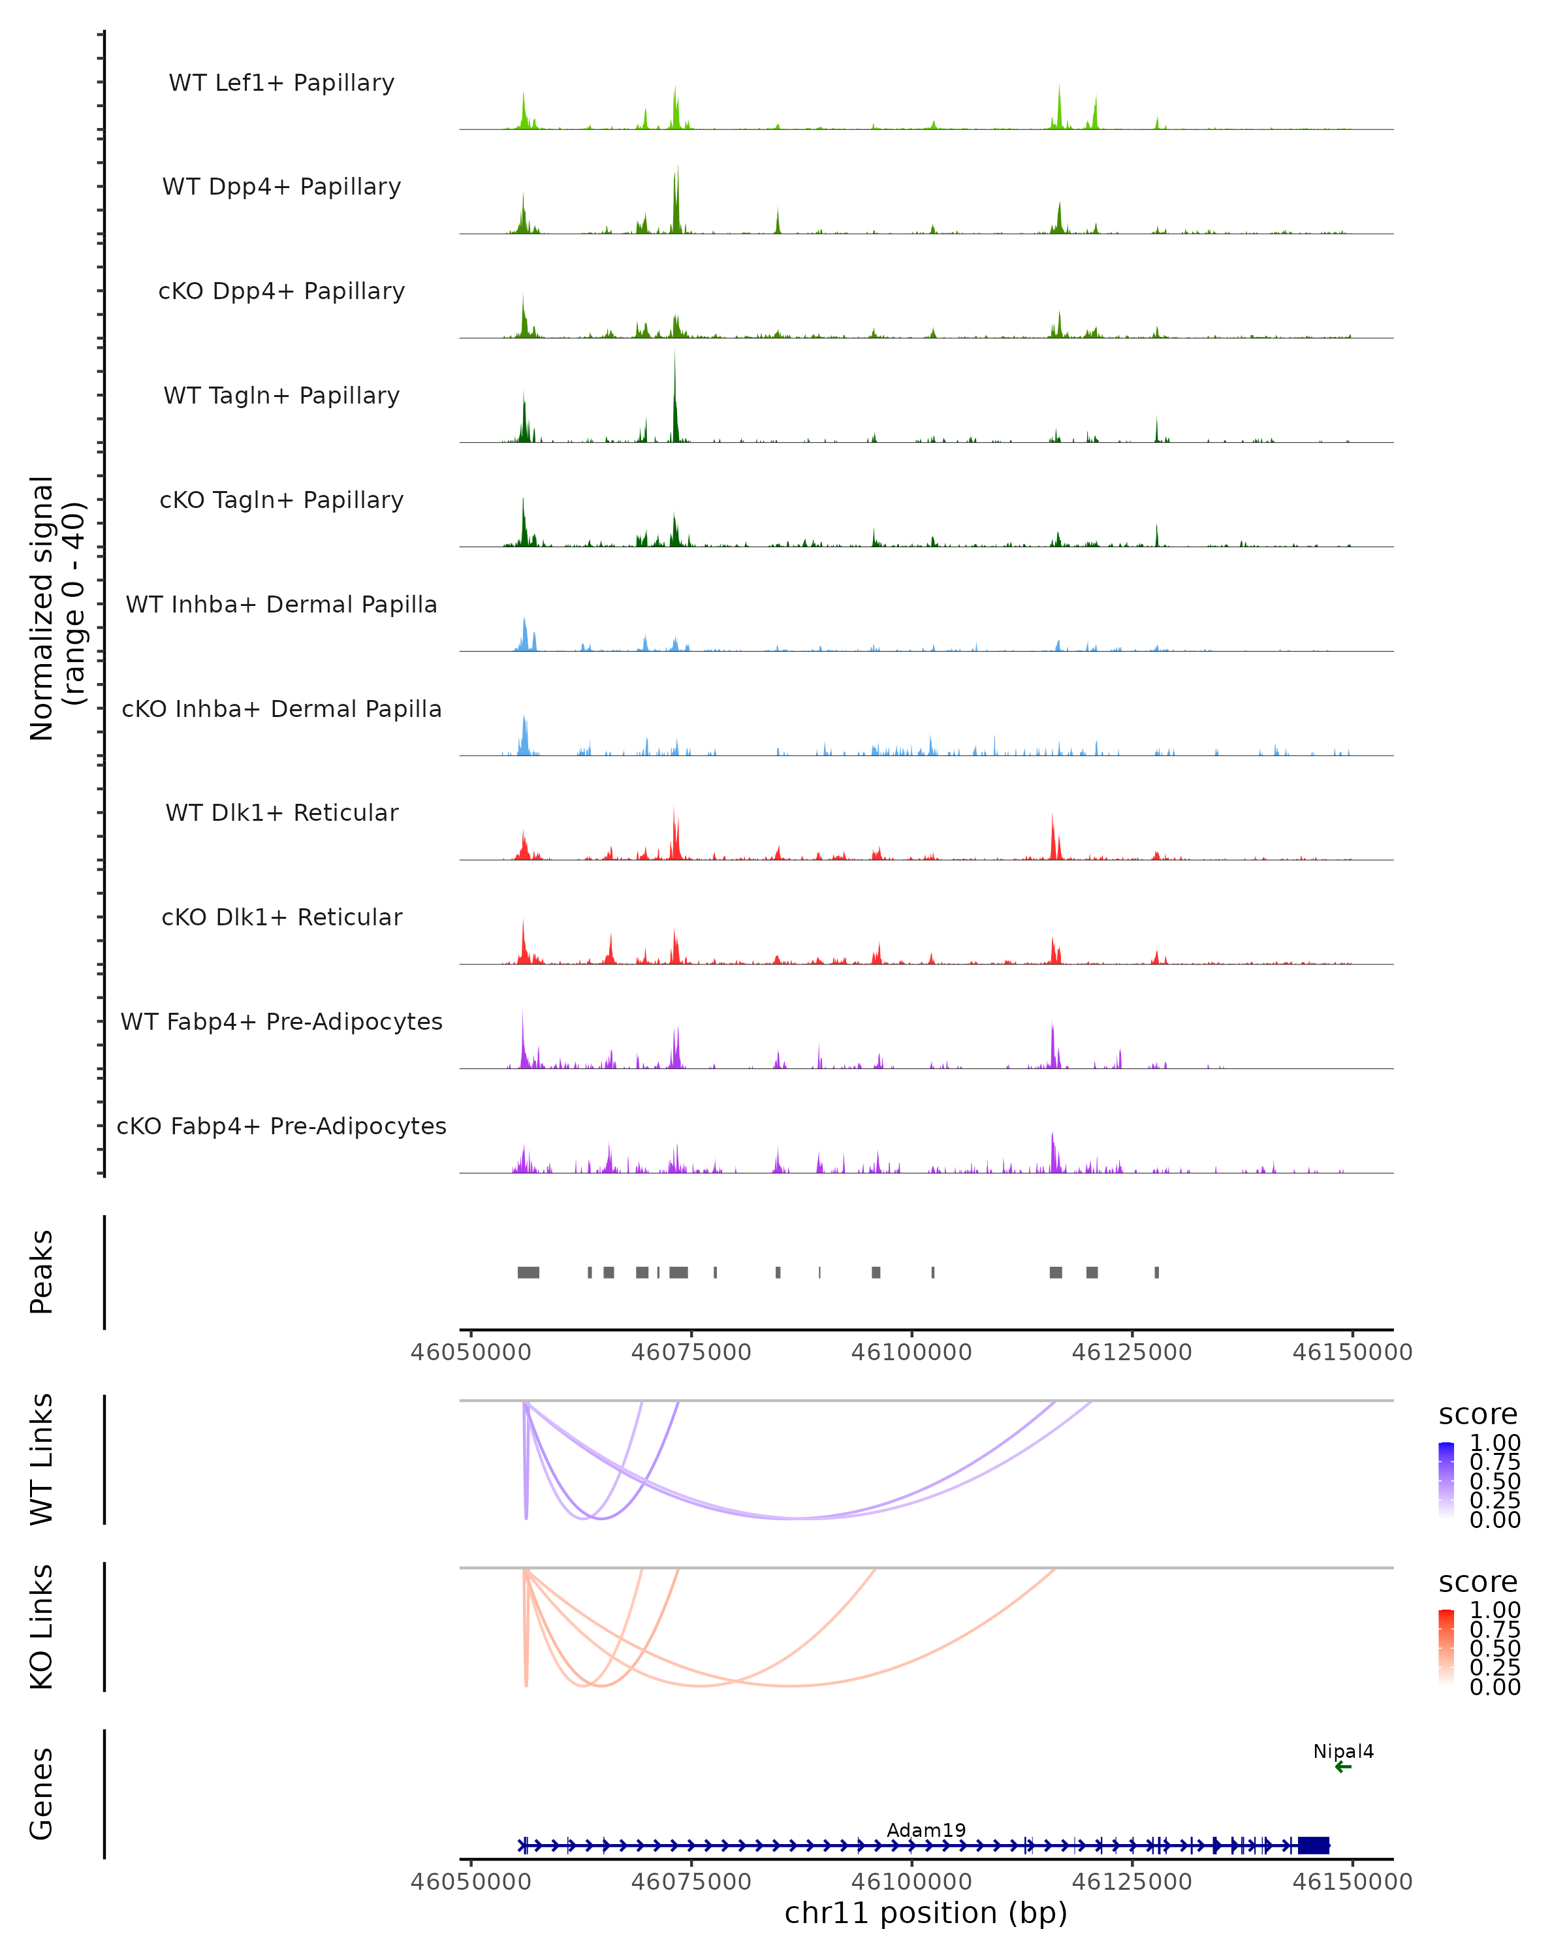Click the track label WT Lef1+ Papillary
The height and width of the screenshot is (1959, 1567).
[x=281, y=83]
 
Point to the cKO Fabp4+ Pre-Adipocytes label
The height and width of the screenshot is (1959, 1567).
[x=281, y=1126]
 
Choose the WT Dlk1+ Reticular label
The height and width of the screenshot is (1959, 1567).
[x=281, y=812]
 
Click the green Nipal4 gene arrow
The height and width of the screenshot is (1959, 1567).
[x=1344, y=1767]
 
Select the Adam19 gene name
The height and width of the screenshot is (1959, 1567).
[x=926, y=1830]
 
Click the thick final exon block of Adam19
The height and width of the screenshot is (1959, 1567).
[x=1314, y=1845]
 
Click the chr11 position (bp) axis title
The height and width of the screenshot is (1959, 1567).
[x=926, y=1913]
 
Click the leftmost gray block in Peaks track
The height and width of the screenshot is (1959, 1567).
[x=528, y=1272]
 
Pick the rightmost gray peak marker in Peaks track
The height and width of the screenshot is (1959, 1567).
[x=1156, y=1272]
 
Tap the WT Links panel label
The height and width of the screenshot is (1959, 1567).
[x=42, y=1459]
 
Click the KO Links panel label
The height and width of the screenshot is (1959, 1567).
[x=42, y=1627]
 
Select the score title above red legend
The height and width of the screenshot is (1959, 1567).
[x=1477, y=1582]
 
